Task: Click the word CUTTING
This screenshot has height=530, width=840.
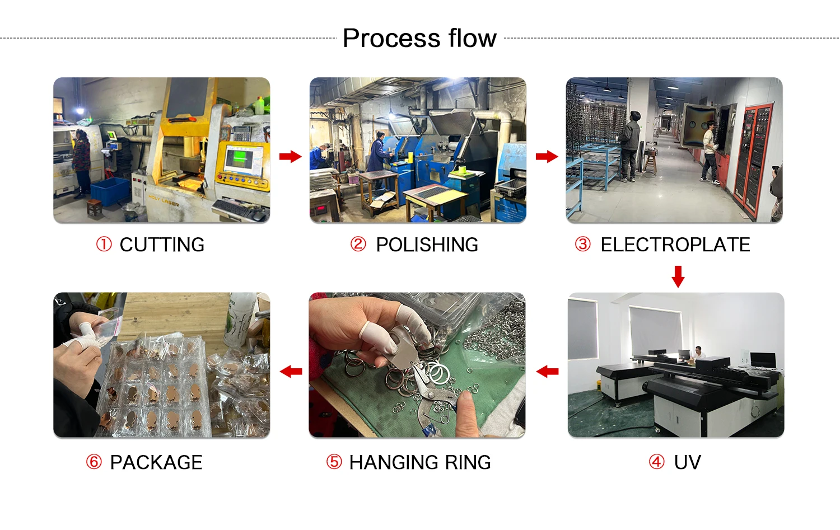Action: tap(162, 245)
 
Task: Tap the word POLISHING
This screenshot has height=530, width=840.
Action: tap(427, 245)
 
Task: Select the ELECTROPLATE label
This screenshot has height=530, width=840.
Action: tap(675, 245)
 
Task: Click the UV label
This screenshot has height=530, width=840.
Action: tap(687, 462)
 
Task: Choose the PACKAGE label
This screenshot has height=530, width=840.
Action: tap(156, 462)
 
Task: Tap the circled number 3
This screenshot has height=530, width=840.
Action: tap(583, 244)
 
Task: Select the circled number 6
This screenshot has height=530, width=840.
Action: tap(94, 462)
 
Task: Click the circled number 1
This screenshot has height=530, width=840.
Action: tap(104, 244)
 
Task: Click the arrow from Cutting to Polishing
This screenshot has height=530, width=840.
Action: tap(290, 156)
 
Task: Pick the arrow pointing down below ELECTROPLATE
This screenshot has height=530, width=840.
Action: tap(678, 276)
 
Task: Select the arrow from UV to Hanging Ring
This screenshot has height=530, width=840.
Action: tap(547, 371)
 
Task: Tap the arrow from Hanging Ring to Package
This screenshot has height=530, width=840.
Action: tap(291, 371)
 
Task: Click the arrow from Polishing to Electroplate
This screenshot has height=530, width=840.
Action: tap(547, 156)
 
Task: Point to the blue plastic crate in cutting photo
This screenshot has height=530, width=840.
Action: tap(109, 190)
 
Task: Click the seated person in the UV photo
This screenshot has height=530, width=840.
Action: tap(698, 354)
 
